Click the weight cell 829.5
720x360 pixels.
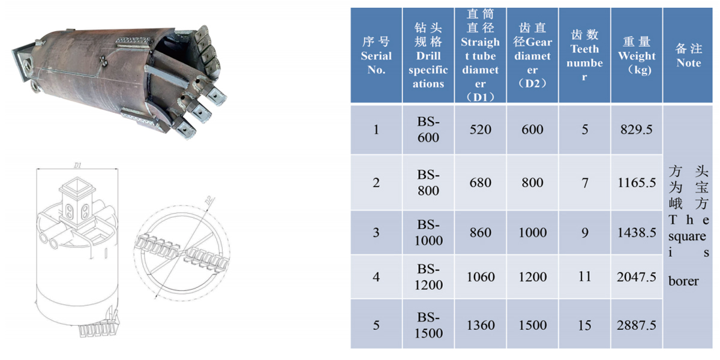pos(637,130)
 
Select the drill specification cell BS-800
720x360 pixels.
pos(428,182)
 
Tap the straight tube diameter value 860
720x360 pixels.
pos(480,232)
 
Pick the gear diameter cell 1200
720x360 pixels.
pos(532,277)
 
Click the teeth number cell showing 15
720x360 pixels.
pos(584,325)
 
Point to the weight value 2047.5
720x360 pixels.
pos(637,277)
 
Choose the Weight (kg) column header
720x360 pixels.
pos(637,55)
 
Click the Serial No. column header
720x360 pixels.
pos(376,55)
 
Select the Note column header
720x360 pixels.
pos(689,55)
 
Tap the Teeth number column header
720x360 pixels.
pos(584,55)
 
